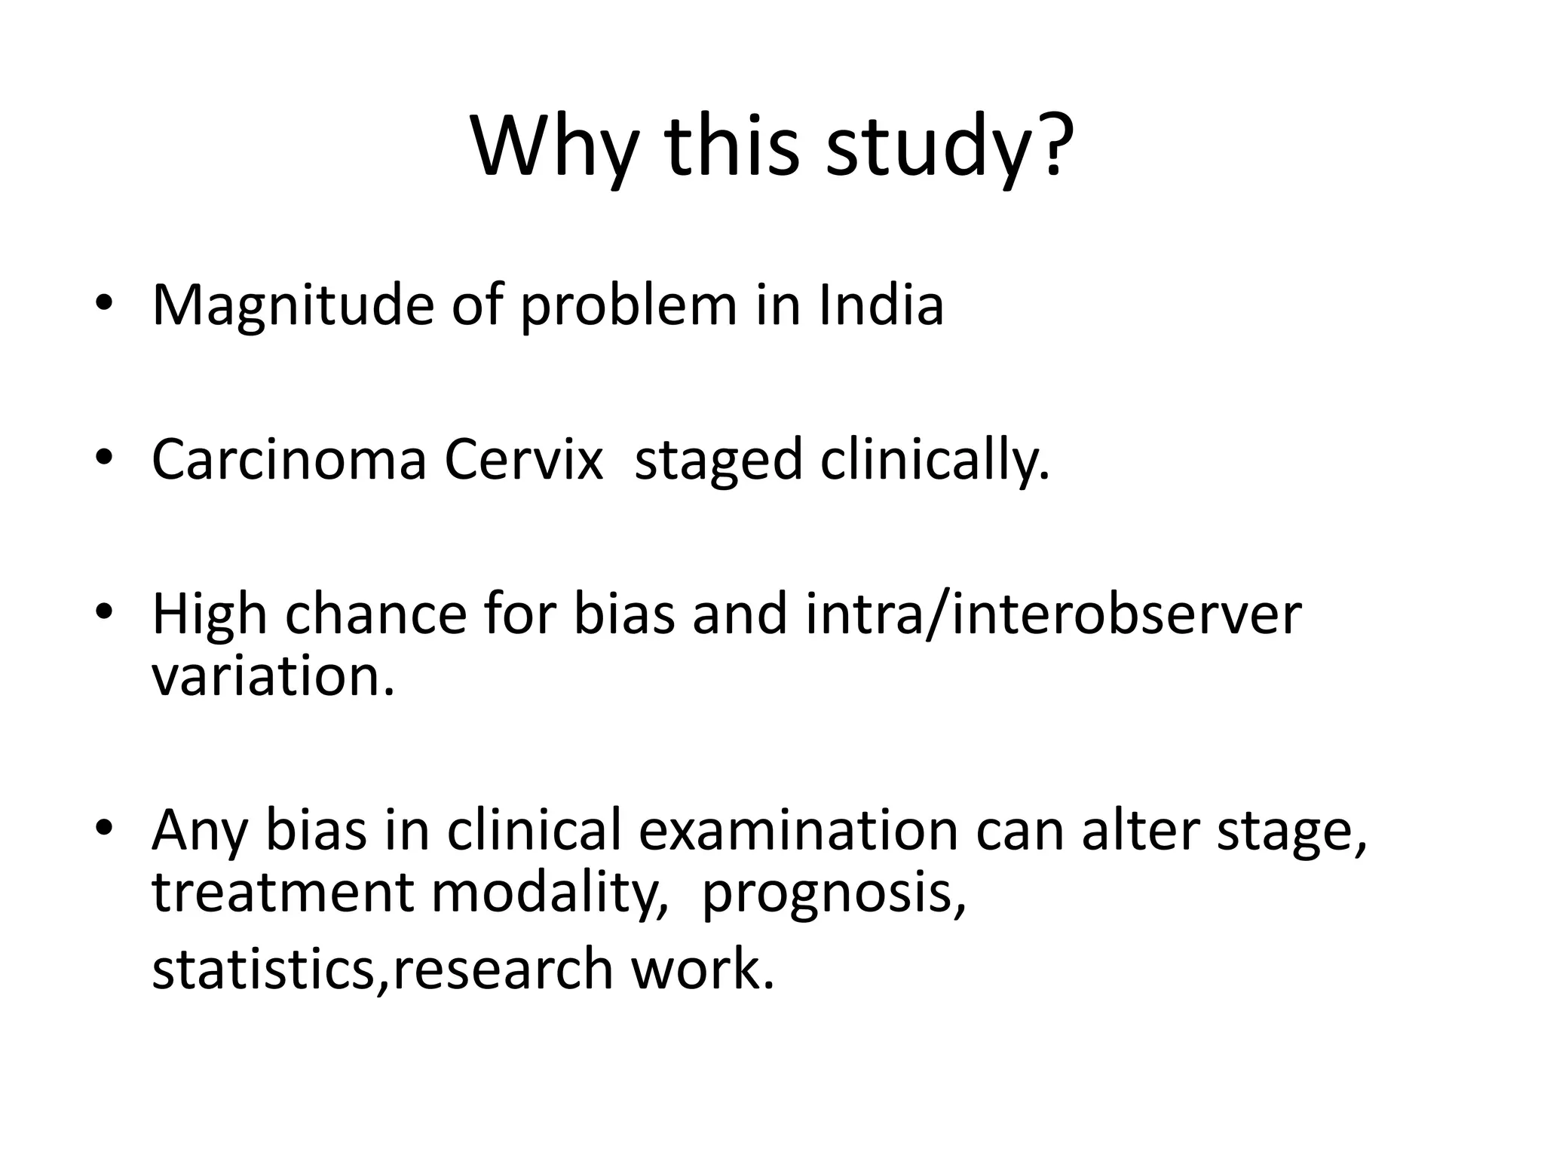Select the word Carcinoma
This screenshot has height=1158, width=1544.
tap(289, 460)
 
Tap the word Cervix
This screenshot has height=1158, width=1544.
tap(523, 460)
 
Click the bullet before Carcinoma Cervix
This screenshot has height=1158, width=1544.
tap(104, 458)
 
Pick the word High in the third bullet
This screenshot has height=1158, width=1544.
tap(210, 614)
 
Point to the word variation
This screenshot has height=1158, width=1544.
tap(273, 676)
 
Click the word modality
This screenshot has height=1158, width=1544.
tap(549, 893)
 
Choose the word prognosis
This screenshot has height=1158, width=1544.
tap(832, 894)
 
